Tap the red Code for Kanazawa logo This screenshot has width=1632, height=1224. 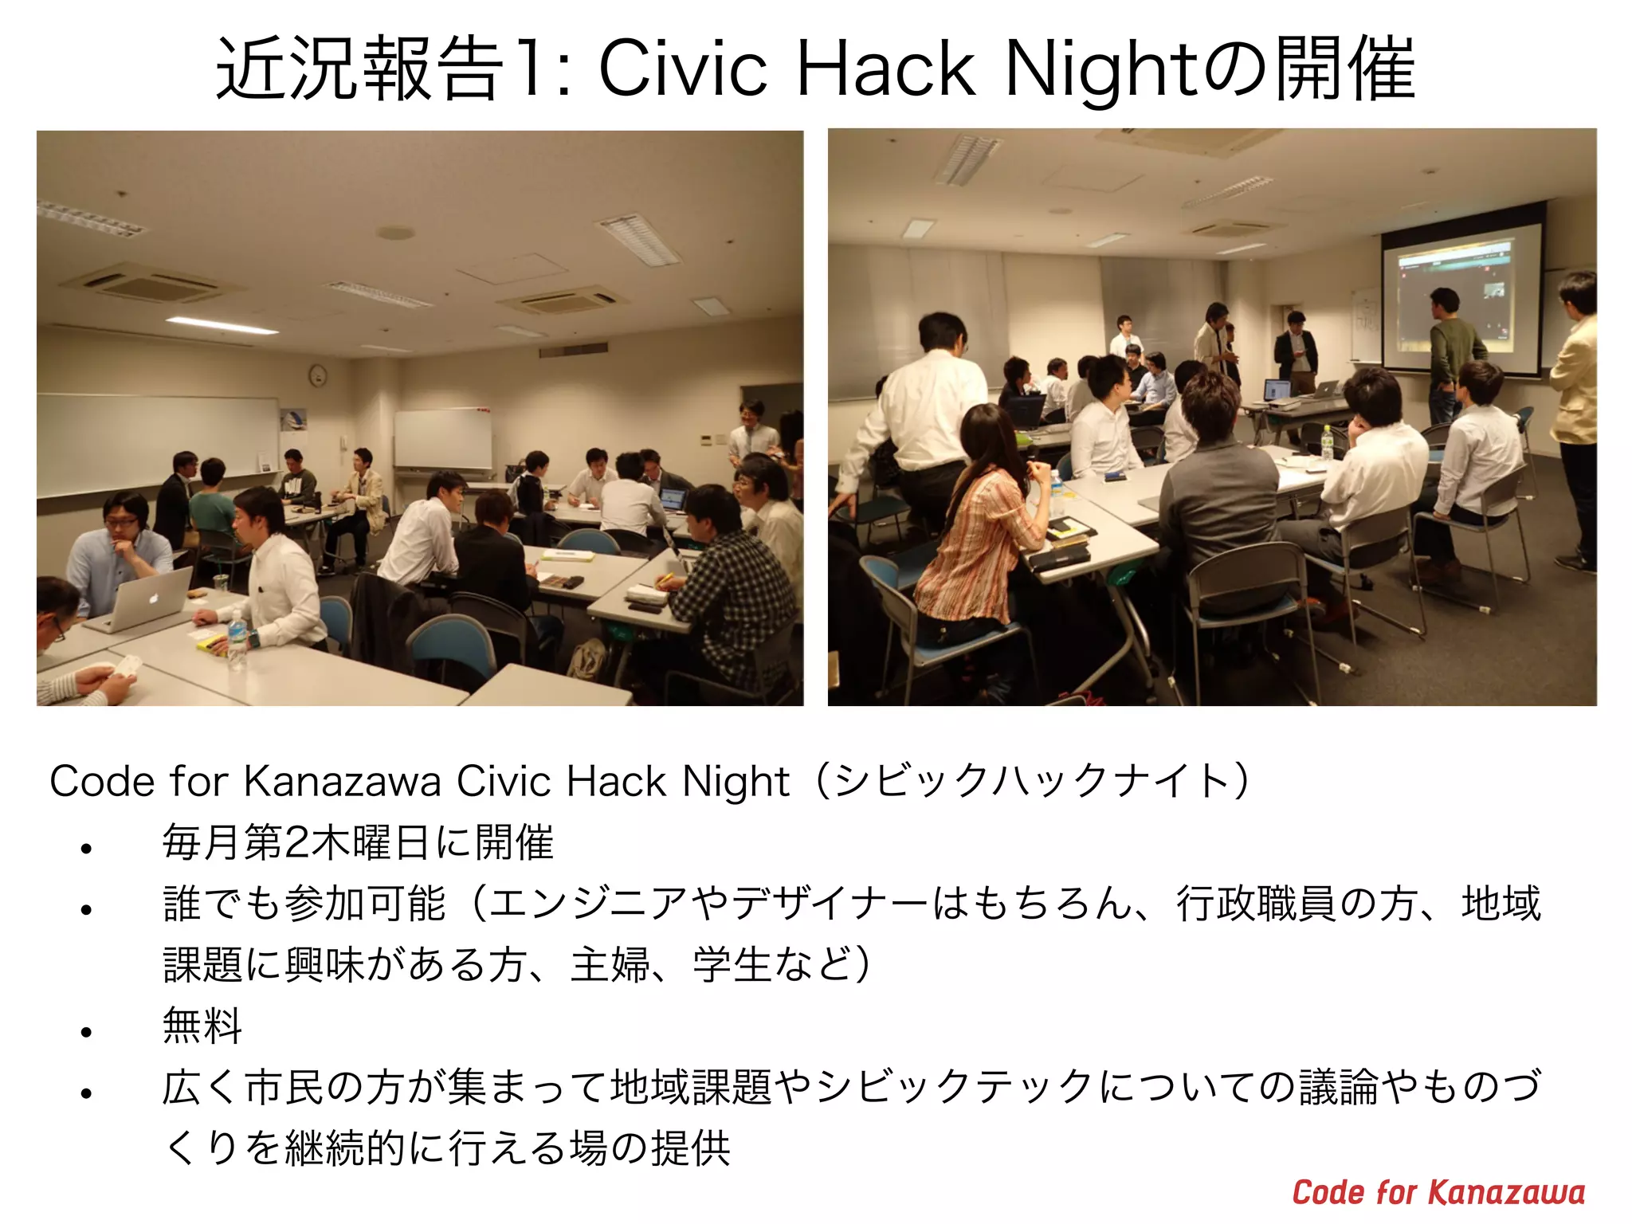(1438, 1193)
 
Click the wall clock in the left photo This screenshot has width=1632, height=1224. (318, 375)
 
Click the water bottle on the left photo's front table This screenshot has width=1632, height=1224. (237, 638)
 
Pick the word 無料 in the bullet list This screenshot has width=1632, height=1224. (202, 1026)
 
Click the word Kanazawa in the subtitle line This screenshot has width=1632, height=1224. (343, 781)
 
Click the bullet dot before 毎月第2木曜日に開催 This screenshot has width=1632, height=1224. (87, 848)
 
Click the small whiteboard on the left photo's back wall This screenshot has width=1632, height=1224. (443, 438)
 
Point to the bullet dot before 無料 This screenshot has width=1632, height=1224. (87, 1032)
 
